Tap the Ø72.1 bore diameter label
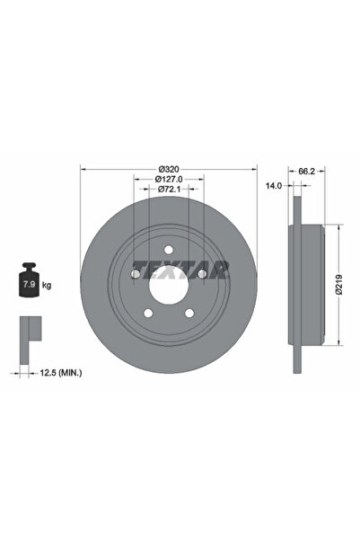[x=168, y=189]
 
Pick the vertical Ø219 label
[x=338, y=283]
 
